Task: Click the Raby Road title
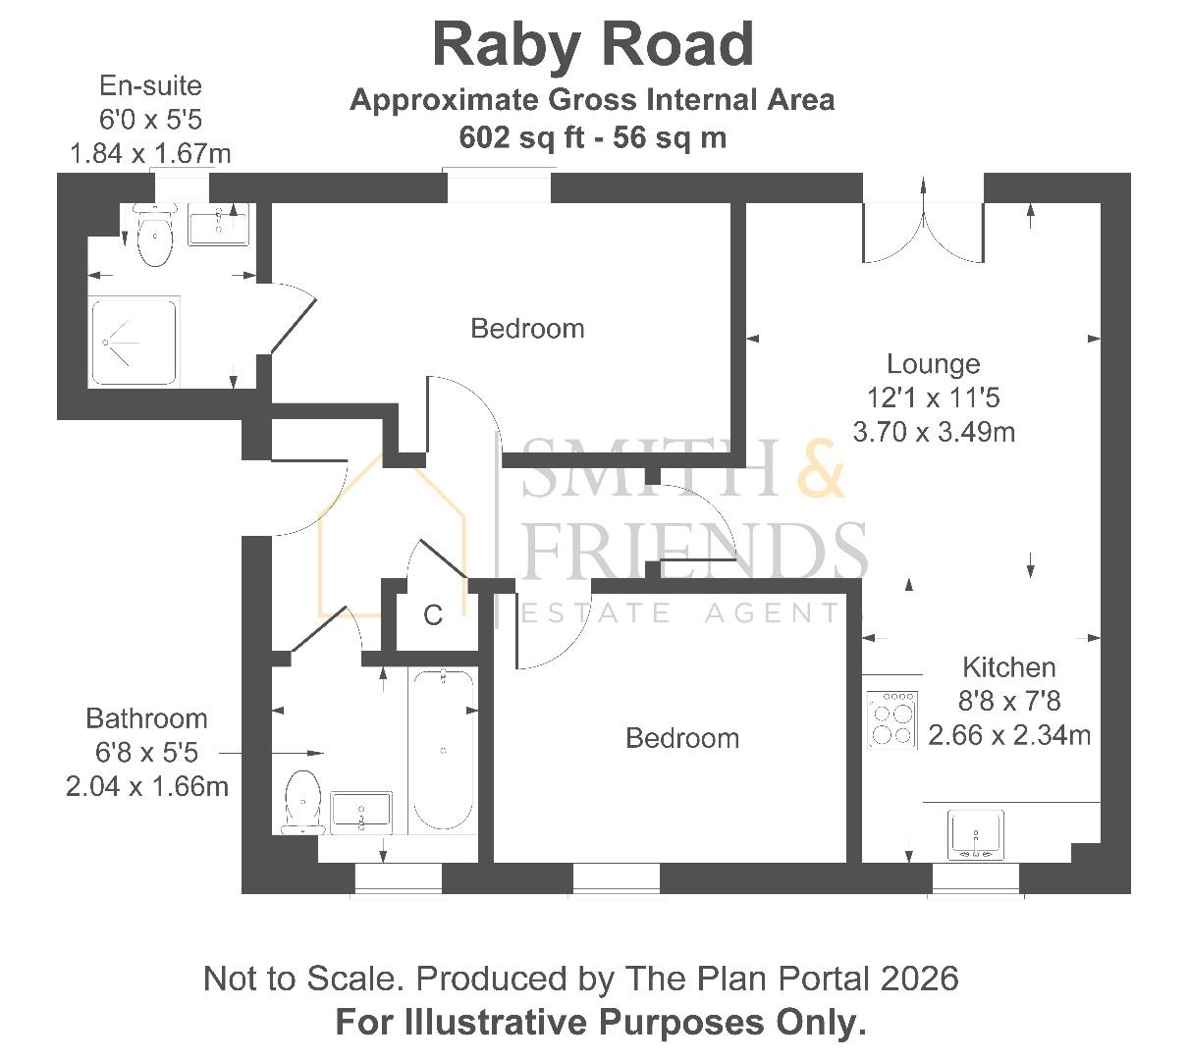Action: click(x=593, y=47)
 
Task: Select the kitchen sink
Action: click(x=976, y=835)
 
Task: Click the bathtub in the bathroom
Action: click(x=444, y=750)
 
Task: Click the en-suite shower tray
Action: click(x=134, y=343)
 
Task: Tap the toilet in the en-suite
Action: click(x=155, y=234)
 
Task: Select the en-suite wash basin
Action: click(x=218, y=224)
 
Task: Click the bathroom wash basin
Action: click(x=360, y=813)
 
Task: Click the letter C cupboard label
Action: click(x=433, y=615)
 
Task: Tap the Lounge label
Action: click(x=933, y=364)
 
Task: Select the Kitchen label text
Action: click(x=1008, y=667)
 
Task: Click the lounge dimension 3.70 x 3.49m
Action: click(x=934, y=432)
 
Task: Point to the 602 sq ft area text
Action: click(x=521, y=137)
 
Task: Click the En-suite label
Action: click(x=150, y=85)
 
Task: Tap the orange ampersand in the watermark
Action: click(x=821, y=468)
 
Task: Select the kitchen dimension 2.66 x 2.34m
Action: click(x=1009, y=735)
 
